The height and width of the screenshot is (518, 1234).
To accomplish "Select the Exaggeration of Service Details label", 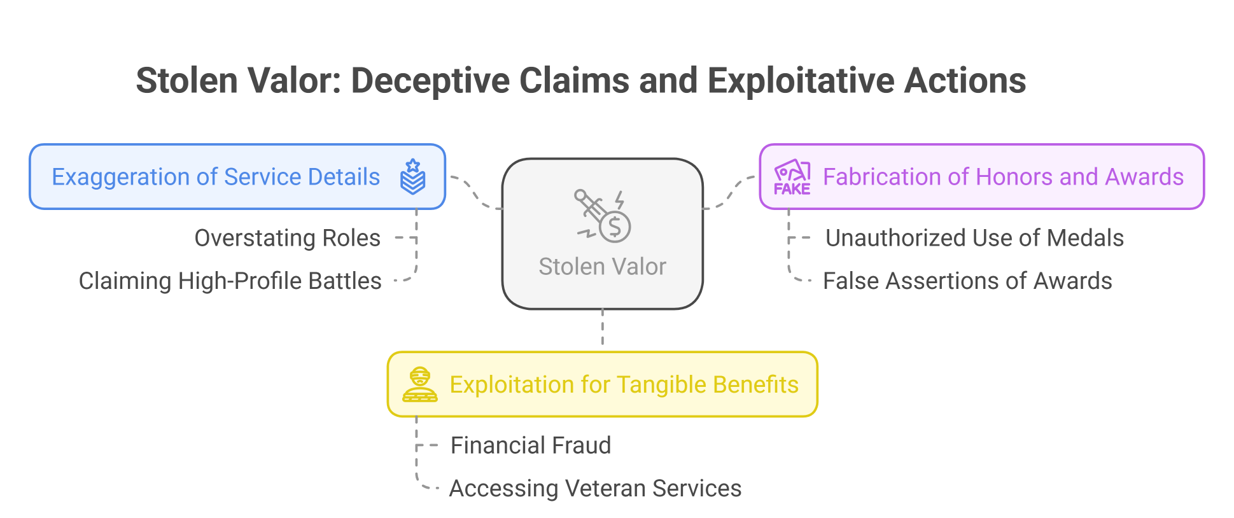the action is pyautogui.click(x=216, y=177).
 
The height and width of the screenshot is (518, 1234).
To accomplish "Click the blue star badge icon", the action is pyautogui.click(x=413, y=176).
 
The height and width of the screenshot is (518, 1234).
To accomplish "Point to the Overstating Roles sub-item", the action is pyautogui.click(x=287, y=238).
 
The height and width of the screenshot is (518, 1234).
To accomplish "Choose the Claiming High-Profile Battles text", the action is pyautogui.click(x=230, y=281).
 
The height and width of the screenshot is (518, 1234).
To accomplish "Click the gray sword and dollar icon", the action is pyautogui.click(x=602, y=216).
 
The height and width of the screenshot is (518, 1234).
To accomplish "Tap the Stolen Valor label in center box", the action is pyautogui.click(x=602, y=267).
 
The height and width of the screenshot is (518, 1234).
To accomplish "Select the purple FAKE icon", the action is pyautogui.click(x=792, y=177).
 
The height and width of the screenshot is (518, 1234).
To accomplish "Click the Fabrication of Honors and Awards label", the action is pyautogui.click(x=1003, y=177).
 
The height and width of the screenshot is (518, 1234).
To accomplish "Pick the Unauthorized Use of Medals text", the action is pyautogui.click(x=974, y=238).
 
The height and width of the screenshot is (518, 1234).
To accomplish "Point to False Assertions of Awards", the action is pyautogui.click(x=967, y=281).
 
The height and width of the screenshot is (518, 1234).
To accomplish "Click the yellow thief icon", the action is pyautogui.click(x=420, y=384).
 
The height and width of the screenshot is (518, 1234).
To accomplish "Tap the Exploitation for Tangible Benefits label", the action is pyautogui.click(x=624, y=385).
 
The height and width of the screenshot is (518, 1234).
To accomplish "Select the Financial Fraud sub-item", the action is pyautogui.click(x=531, y=445).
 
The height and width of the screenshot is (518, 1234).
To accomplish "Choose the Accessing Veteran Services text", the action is pyautogui.click(x=595, y=489).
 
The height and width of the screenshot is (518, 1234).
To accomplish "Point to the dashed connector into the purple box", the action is pyautogui.click(x=731, y=193).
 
